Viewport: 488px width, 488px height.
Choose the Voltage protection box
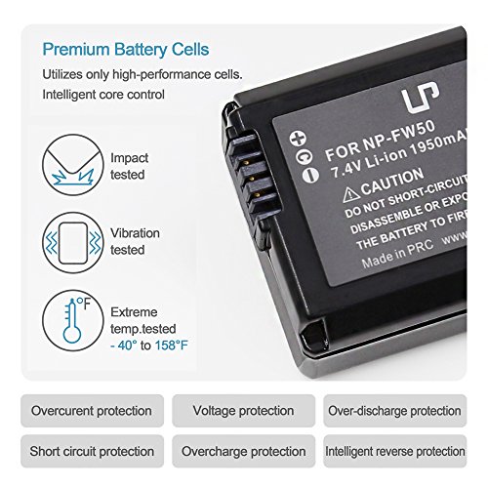(x=243, y=411)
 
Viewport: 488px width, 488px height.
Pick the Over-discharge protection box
(x=394, y=411)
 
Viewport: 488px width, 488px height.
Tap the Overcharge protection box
(x=243, y=451)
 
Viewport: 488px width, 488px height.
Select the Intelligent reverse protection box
(x=394, y=451)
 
